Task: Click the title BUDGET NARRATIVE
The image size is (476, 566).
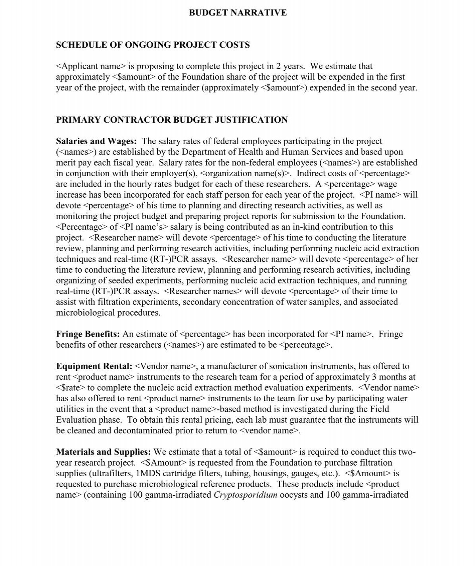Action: click(x=238, y=13)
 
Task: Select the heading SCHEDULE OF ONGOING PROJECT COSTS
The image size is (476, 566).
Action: click(x=153, y=45)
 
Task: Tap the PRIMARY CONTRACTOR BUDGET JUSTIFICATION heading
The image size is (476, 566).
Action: click(x=172, y=120)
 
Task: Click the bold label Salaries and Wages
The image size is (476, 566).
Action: click(x=96, y=141)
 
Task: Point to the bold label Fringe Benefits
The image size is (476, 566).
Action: click(x=88, y=334)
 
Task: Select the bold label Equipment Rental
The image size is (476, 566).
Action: click(x=94, y=366)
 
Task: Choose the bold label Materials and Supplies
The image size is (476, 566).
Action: click(x=103, y=452)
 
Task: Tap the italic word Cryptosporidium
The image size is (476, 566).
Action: click(x=246, y=495)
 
